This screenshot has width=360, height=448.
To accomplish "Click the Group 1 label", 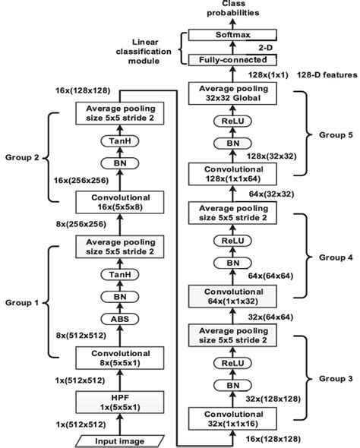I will point(27,302).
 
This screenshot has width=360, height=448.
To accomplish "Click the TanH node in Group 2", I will point(114,141).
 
